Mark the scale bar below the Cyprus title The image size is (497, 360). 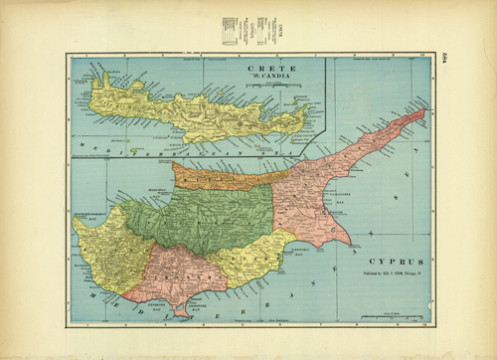coord(382,316)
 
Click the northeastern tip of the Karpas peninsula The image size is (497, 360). coord(425,111)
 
